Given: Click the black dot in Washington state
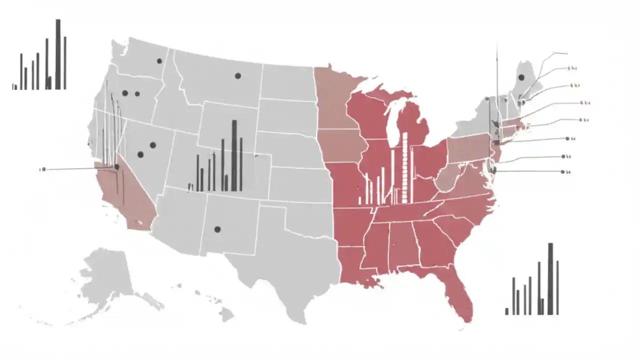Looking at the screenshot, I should pyautogui.click(x=159, y=61).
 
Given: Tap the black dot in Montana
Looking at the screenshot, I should pyautogui.click(x=238, y=76).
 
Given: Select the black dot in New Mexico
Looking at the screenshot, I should pyautogui.click(x=217, y=229).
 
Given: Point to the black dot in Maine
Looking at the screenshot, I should pyautogui.click(x=521, y=77).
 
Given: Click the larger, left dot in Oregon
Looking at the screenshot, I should pyautogui.click(x=125, y=93).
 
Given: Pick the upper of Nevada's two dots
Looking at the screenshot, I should pyautogui.click(x=153, y=145).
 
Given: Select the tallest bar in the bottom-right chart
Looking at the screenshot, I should pyautogui.click(x=550, y=278).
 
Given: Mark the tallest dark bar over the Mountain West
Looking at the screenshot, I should pyautogui.click(x=234, y=155).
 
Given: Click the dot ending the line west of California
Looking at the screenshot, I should pyautogui.click(x=43, y=169).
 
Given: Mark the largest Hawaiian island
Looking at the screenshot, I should pyautogui.click(x=226, y=314).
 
